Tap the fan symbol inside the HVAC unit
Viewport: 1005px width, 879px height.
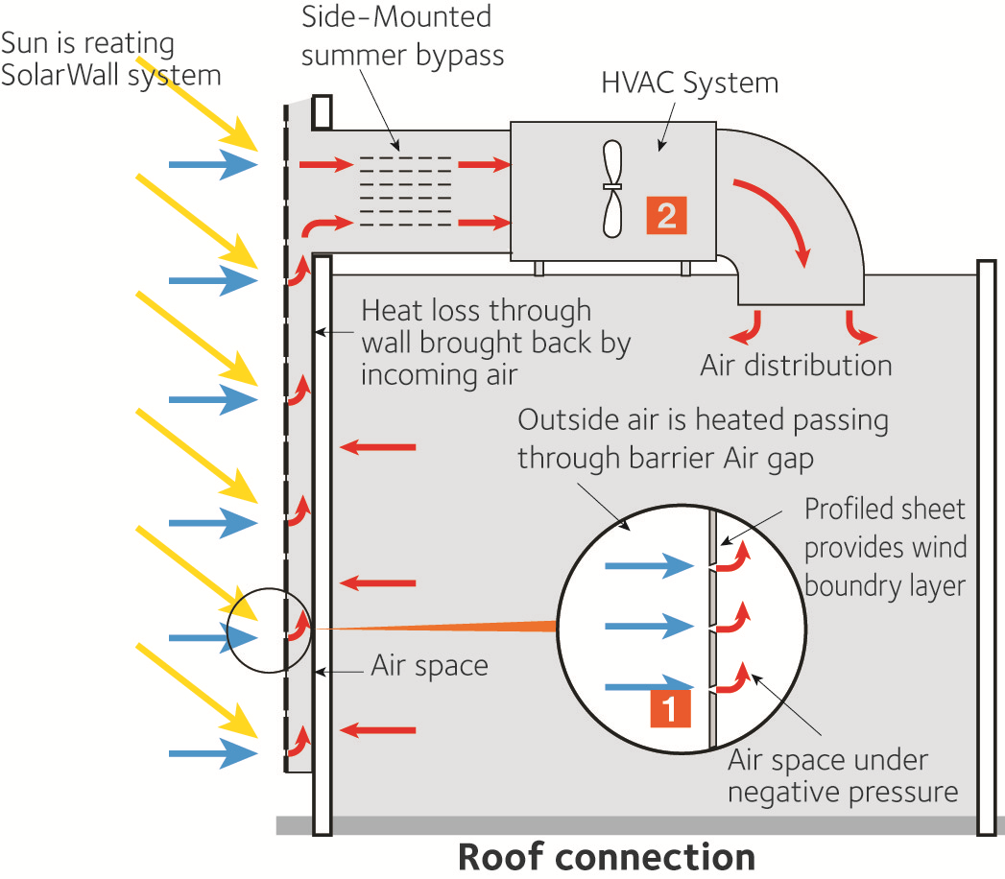(612, 189)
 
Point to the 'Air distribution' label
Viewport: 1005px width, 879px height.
(796, 366)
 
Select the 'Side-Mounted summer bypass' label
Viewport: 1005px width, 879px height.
(403, 36)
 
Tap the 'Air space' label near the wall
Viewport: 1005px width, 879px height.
(429, 666)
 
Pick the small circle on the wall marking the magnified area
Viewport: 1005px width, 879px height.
(270, 632)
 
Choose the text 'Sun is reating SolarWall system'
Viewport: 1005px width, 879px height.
(111, 59)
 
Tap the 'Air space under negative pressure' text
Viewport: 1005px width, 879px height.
(842, 776)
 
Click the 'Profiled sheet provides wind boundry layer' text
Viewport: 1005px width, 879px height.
(884, 546)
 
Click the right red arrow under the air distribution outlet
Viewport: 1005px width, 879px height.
(857, 327)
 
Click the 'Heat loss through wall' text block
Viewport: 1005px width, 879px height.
(494, 343)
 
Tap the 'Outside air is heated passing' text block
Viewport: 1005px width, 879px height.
(703, 439)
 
